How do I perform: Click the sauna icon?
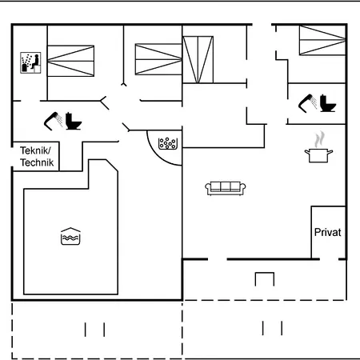click(x=30, y=62)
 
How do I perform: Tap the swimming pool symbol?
click(x=70, y=236)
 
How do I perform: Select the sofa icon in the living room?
click(x=226, y=188)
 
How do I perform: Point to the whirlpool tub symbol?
click(x=168, y=143)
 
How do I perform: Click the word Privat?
click(x=327, y=232)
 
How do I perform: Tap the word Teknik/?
click(x=35, y=150)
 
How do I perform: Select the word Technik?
click(x=37, y=162)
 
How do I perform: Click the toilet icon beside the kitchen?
click(x=328, y=103)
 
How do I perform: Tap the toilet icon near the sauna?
click(x=74, y=121)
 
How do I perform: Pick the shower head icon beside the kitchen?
click(x=308, y=103)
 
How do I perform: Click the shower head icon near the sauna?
click(x=54, y=121)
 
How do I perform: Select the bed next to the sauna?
click(x=70, y=61)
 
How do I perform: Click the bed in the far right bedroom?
click(x=322, y=40)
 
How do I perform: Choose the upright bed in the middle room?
click(x=198, y=59)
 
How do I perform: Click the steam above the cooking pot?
click(x=319, y=139)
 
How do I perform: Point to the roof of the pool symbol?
click(x=70, y=230)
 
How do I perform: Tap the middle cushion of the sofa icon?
click(x=226, y=186)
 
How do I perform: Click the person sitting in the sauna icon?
click(x=35, y=62)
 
